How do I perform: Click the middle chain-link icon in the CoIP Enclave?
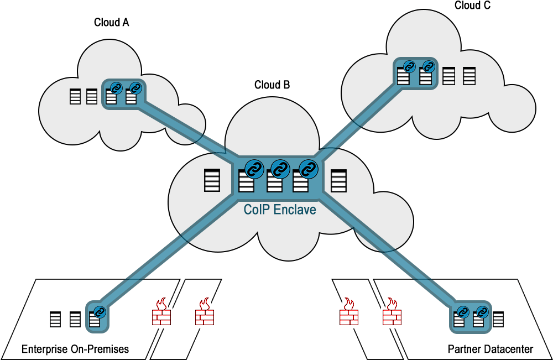(280, 168)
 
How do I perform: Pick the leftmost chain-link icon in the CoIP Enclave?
(254, 168)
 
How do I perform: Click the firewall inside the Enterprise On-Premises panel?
(161, 312)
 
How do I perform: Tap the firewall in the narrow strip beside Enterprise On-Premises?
(205, 312)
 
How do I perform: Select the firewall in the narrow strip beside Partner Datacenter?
(348, 312)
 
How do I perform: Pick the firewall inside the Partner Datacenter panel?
(392, 312)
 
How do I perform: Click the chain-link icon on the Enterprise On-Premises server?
(100, 311)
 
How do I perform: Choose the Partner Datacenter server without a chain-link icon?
(498, 320)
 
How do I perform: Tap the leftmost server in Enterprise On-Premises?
(55, 320)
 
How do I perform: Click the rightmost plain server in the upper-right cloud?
(469, 76)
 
